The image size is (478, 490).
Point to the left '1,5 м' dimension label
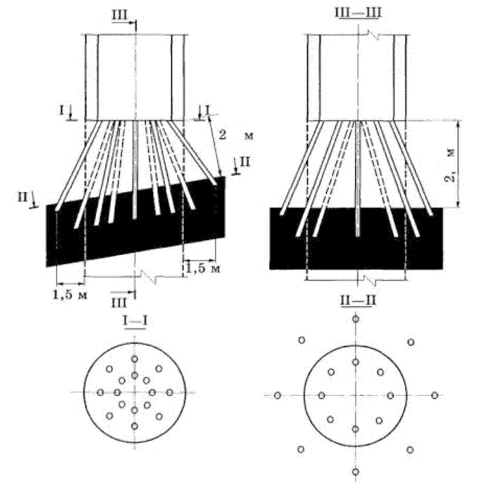click(69, 294)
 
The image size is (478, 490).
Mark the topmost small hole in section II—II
click(355, 319)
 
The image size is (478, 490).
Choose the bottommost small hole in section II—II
click(355, 472)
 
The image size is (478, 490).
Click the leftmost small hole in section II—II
click(277, 395)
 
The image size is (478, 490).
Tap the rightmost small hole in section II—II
click(435, 395)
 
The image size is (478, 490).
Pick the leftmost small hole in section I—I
click(100, 392)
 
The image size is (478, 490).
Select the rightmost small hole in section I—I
click(169, 392)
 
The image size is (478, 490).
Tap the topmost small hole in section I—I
click(134, 359)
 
